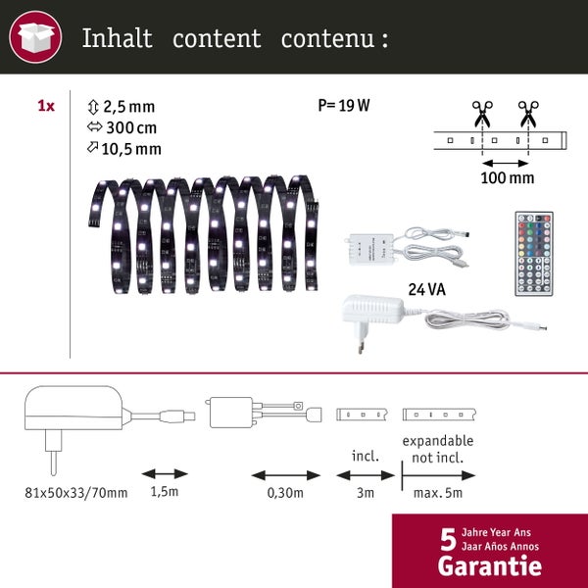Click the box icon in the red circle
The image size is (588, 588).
(35, 39)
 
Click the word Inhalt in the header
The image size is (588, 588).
(117, 39)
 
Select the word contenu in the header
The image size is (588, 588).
(327, 39)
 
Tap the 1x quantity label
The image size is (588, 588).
(45, 106)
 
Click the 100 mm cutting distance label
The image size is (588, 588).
(508, 178)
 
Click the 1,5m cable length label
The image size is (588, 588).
(165, 492)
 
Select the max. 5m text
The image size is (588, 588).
(437, 492)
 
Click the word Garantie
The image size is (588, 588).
(489, 565)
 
